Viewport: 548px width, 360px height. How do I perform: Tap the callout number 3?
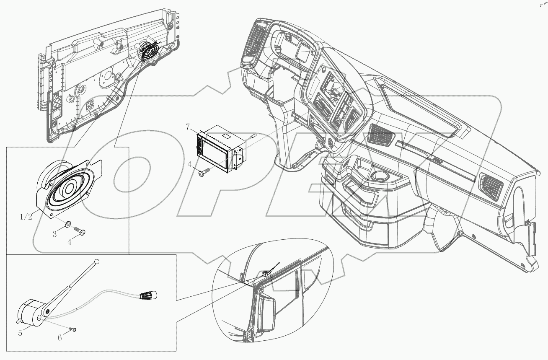coord(54,234)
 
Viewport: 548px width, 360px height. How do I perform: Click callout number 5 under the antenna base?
coord(20,333)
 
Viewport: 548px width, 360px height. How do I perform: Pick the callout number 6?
coord(59,337)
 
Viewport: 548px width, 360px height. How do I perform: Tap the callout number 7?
coord(188,126)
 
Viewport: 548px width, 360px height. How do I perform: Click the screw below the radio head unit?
coord(204,171)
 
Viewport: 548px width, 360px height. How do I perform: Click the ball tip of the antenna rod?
coord(98,262)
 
